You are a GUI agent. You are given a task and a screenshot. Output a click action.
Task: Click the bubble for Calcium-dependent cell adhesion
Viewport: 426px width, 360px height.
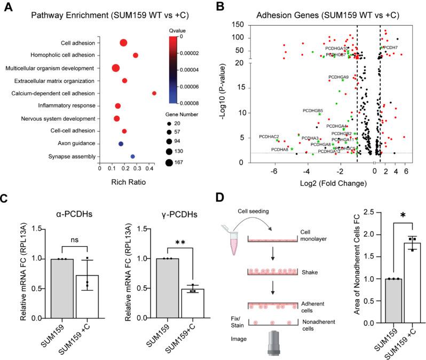point(154,93)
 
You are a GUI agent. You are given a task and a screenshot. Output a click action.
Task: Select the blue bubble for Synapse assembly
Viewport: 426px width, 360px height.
point(132,156)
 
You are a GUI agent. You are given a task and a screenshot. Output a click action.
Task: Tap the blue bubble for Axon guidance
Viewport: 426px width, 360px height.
point(121,144)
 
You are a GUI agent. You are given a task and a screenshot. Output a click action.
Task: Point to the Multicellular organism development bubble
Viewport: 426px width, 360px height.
point(115,68)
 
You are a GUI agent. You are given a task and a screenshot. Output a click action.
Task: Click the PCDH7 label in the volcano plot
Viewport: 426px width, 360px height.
point(390,48)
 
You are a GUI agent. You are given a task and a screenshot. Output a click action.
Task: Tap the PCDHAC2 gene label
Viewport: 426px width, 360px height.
point(269,137)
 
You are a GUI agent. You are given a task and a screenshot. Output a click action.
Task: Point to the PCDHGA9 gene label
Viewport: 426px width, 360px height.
point(338,77)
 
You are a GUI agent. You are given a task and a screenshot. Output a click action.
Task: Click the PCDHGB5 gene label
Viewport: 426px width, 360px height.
point(313,111)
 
